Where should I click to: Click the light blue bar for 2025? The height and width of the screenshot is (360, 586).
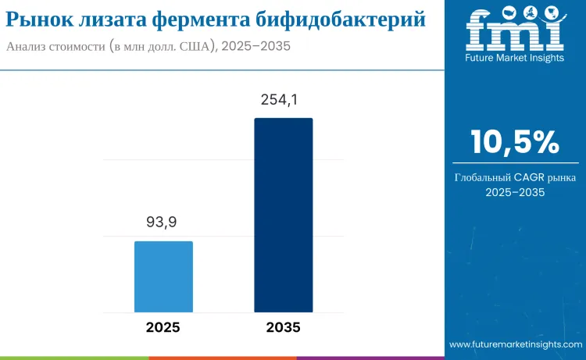click(x=163, y=276)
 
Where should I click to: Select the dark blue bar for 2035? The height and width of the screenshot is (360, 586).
click(x=283, y=215)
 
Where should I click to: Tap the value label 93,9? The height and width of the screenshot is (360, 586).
click(x=162, y=223)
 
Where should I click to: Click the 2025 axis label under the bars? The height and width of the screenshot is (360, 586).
click(x=163, y=328)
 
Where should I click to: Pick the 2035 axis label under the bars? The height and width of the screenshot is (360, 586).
click(x=283, y=328)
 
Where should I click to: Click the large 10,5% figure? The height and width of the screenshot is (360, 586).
click(x=515, y=142)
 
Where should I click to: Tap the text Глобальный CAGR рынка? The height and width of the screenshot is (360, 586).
click(x=515, y=177)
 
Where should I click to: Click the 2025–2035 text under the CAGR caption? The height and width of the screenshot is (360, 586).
click(x=515, y=192)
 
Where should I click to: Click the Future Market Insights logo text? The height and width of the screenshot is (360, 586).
click(x=514, y=58)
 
